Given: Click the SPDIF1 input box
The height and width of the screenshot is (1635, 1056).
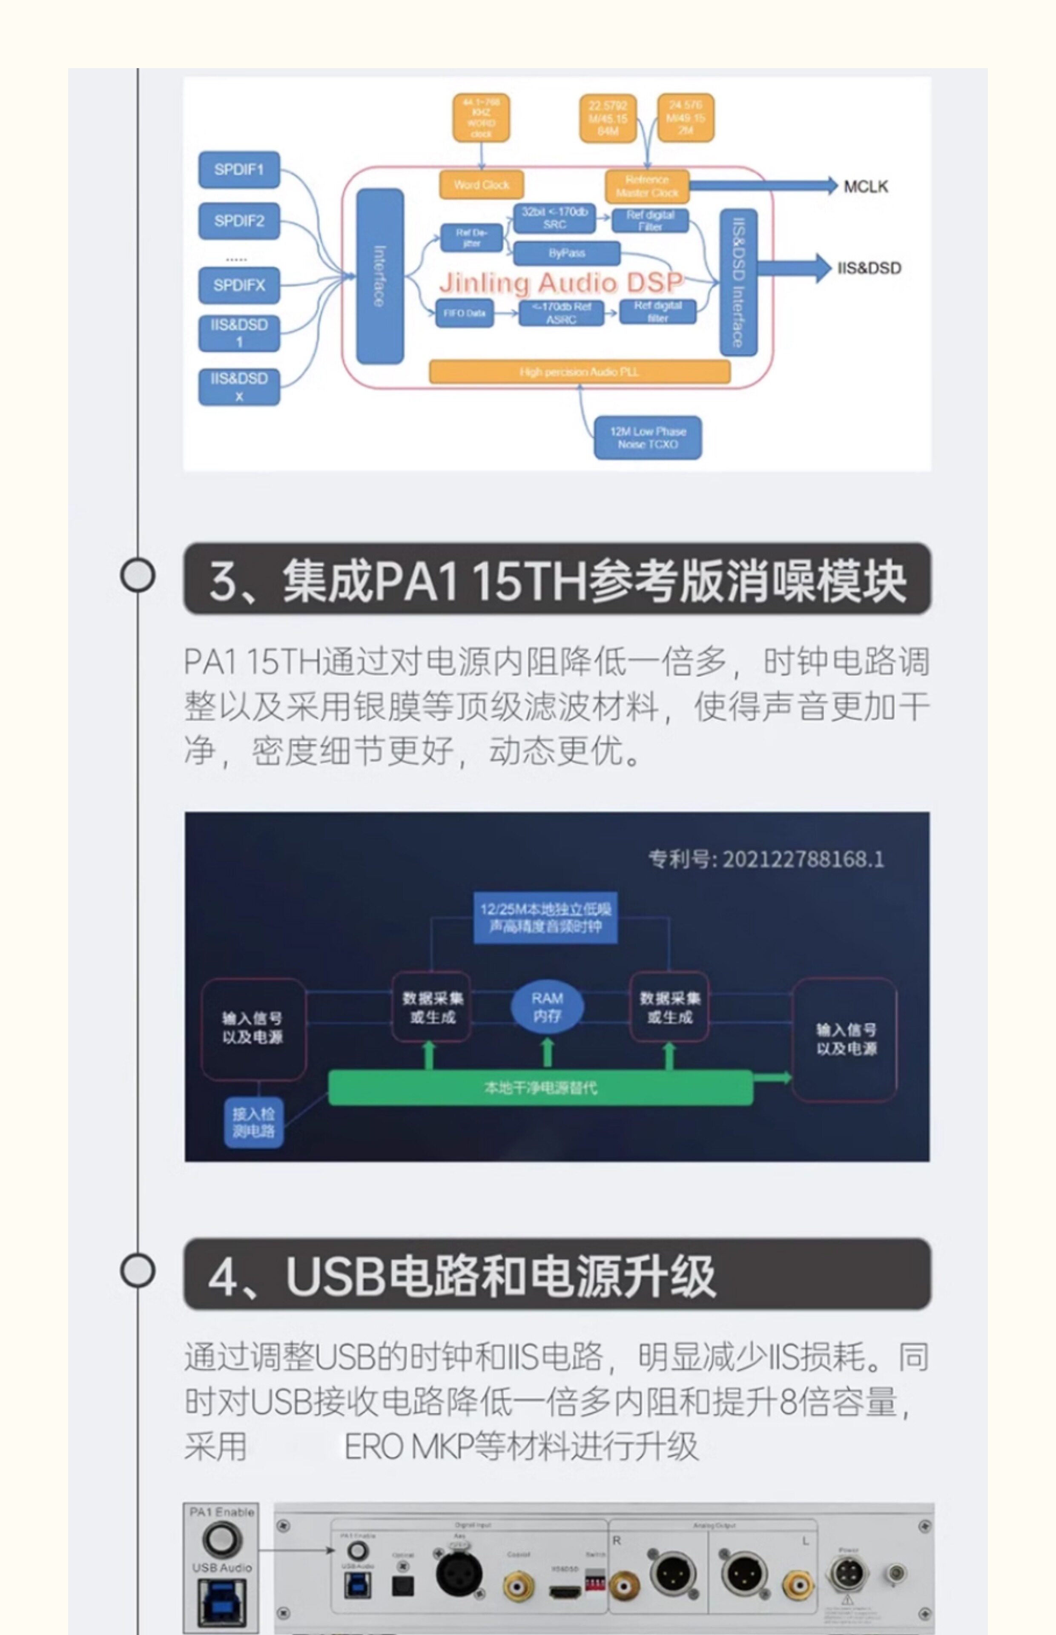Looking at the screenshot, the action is point(238,169).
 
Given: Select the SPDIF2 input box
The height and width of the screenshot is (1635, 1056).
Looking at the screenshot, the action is point(238,221).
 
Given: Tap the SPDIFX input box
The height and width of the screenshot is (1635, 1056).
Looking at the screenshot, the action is point(238,285).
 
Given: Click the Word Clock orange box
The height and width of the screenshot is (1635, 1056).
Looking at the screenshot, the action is point(481,184).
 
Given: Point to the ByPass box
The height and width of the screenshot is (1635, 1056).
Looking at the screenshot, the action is point(566,253).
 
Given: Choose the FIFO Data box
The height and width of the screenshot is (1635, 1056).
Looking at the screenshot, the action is point(464,313).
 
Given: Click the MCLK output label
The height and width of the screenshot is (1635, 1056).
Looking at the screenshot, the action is point(865,186).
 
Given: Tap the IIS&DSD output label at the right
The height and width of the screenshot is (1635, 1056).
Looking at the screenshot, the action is point(869,268).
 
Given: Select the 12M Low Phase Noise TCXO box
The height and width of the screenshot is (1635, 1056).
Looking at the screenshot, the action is point(647,437).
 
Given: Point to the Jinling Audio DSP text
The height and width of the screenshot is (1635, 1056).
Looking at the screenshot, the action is point(561,282).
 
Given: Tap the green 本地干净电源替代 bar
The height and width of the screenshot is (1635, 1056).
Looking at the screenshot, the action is point(540,1087).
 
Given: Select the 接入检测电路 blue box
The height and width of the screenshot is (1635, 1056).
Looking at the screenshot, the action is point(253,1122).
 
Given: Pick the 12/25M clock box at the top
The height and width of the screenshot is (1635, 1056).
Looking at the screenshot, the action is point(545,918).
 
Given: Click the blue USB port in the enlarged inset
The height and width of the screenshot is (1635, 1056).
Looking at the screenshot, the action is point(221,1602).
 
